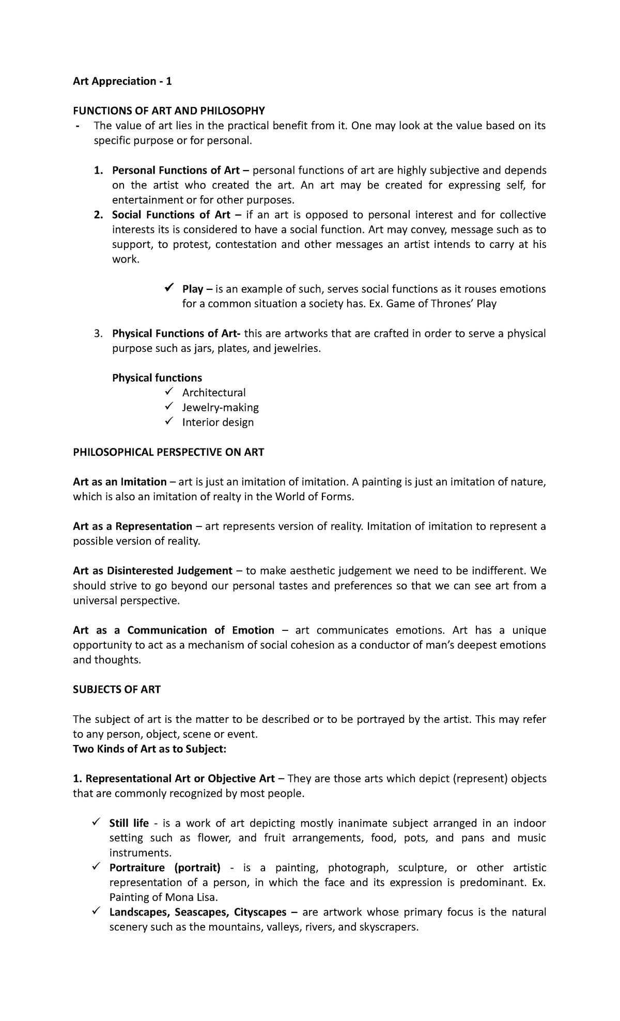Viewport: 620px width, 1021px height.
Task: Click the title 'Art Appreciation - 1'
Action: tap(122, 81)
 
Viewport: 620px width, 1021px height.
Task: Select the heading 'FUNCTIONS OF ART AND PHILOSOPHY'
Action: tap(169, 111)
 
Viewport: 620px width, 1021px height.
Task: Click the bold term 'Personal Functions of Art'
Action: tap(176, 171)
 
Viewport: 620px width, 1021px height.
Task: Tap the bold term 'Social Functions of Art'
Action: tap(171, 215)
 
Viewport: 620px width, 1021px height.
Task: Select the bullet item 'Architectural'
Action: tap(213, 393)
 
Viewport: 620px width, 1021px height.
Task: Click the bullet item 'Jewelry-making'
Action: tap(220, 408)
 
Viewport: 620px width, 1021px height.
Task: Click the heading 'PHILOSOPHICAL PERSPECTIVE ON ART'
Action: tap(168, 453)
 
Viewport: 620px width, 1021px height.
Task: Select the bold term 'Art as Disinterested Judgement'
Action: tap(152, 571)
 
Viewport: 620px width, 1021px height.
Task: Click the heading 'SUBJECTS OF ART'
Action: tap(117, 690)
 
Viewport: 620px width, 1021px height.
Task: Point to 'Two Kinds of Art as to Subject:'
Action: tap(150, 749)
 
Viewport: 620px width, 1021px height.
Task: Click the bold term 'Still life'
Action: tap(129, 823)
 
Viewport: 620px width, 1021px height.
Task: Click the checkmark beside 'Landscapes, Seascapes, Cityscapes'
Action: tap(96, 911)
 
